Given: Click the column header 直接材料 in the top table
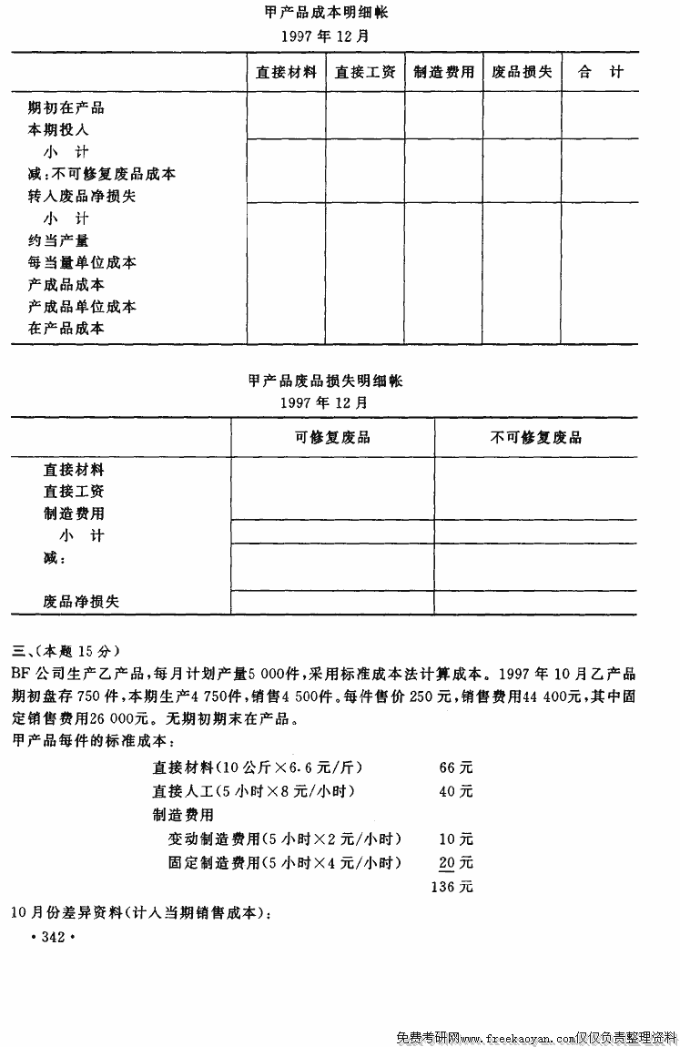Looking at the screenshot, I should pyautogui.click(x=286, y=72).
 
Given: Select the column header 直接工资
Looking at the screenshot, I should pyautogui.click(x=365, y=72).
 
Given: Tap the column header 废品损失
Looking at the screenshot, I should pyautogui.click(x=522, y=72).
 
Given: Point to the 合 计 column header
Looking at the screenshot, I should pyautogui.click(x=601, y=72).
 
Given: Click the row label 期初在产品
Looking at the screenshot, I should pyautogui.click(x=66, y=107).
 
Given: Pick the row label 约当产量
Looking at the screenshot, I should pyautogui.click(x=59, y=240).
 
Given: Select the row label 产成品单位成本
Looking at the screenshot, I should pyautogui.click(x=82, y=307).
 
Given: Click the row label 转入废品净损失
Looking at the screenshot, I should pyautogui.click(x=82, y=196).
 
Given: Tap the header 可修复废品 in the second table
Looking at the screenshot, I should pyautogui.click(x=332, y=437).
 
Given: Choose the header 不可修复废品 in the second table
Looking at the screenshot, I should pyautogui.click(x=536, y=437).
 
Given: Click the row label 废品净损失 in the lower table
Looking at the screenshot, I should pyautogui.click(x=81, y=602).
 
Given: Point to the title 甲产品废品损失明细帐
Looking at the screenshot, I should pyautogui.click(x=325, y=381).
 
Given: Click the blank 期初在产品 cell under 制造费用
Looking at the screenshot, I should pyautogui.click(x=443, y=107).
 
